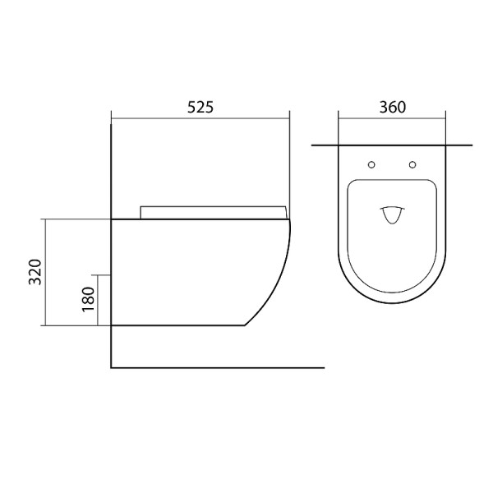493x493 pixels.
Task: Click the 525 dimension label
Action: [200, 107]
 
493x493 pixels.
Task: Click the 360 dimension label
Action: [393, 107]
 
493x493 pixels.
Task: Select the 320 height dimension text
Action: [35, 272]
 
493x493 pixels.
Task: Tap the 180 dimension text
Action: [89, 299]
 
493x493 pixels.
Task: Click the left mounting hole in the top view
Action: [371, 164]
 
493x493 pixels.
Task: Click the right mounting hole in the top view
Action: [412, 164]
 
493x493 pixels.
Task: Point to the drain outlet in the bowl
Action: [392, 215]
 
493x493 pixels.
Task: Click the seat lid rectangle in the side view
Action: [213, 212]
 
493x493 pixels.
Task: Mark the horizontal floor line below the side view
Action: [218, 367]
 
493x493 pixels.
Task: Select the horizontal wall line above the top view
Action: [392, 145]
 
